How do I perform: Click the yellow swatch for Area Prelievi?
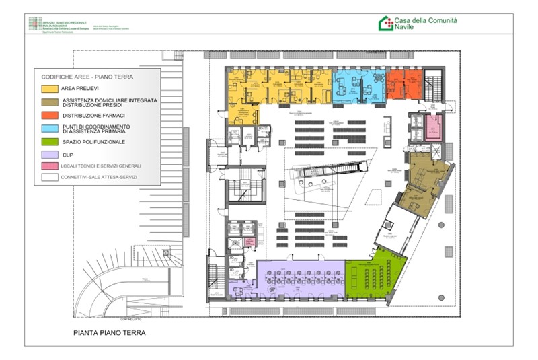point(50,89)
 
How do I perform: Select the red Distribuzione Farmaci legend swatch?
point(50,114)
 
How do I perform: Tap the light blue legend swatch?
point(50,128)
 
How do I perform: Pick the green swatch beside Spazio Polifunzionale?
point(50,142)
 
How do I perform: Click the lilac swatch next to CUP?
point(50,155)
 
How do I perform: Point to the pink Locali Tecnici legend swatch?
point(50,166)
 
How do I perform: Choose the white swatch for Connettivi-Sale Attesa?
point(50,178)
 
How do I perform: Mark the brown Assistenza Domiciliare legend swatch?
point(50,102)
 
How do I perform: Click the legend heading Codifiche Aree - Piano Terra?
point(81,77)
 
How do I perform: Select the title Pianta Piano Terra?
point(109,333)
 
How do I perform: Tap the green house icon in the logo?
point(385,24)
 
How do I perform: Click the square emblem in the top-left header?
point(34,24)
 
